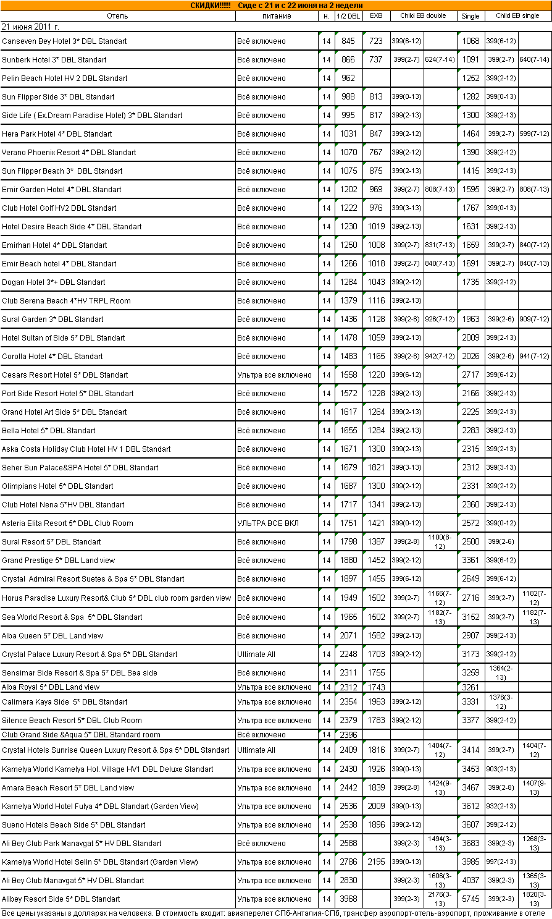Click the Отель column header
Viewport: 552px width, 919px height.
(117, 16)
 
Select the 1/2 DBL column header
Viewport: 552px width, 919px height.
(348, 16)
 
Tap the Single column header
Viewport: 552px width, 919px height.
(470, 16)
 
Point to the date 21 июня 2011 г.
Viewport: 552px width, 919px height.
(30, 27)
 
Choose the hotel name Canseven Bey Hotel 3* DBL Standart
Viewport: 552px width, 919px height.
(64, 41)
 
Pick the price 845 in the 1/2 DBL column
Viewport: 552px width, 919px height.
(348, 41)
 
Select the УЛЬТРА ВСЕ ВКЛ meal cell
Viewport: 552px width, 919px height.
(268, 523)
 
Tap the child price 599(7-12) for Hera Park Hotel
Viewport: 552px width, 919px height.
(534, 134)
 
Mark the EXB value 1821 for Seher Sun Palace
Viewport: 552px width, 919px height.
(376, 468)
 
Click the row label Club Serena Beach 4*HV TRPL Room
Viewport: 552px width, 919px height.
(66, 301)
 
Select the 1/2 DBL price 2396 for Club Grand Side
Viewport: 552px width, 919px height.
(348, 735)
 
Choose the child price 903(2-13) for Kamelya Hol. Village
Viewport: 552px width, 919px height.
(501, 769)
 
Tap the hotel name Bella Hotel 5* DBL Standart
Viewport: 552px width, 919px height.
(49, 431)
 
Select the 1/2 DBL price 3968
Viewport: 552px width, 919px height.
(348, 899)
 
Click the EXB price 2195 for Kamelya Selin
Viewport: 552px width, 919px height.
(376, 862)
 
